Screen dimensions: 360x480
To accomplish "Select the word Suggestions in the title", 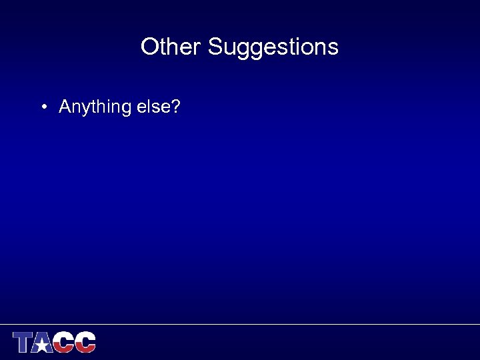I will (273, 47).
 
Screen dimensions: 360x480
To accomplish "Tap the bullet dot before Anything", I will (42, 107).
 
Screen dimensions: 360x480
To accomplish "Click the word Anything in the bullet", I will (95, 107).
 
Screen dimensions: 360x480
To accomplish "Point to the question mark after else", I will (175, 106).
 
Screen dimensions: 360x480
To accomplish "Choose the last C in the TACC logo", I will (85, 342).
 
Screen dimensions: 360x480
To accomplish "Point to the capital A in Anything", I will (65, 106).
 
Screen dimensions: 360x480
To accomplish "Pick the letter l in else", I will (147, 106).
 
